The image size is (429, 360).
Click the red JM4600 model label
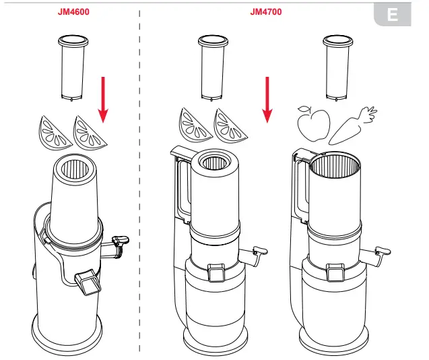click(x=71, y=11)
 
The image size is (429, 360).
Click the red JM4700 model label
click(x=265, y=11)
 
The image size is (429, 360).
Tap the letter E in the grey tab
click(x=393, y=15)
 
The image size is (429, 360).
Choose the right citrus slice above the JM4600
click(x=90, y=131)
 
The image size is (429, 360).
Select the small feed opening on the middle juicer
click(x=215, y=162)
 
